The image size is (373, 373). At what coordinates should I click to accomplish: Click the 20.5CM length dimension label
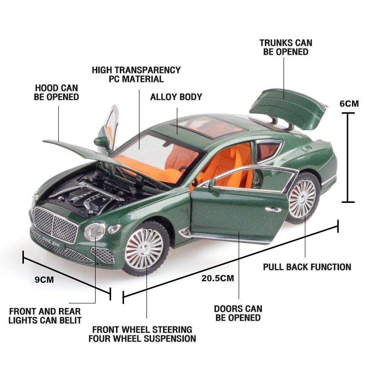(x=217, y=278)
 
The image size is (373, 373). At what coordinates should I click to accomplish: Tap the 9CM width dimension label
(x=44, y=280)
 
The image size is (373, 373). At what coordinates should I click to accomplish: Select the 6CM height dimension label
(x=349, y=104)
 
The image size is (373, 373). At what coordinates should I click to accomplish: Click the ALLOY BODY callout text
(x=176, y=97)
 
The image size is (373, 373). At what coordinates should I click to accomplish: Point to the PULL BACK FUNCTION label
(x=307, y=267)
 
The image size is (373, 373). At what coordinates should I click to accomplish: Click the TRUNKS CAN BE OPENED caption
(x=286, y=47)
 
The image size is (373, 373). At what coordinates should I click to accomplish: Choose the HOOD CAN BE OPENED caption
(x=56, y=93)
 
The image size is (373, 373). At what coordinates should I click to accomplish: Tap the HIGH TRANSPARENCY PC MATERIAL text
(x=136, y=75)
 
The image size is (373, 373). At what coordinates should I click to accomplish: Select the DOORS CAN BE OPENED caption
(x=238, y=313)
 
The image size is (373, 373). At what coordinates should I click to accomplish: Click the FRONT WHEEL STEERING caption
(x=142, y=330)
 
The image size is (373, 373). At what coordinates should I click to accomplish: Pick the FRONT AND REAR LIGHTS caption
(x=45, y=316)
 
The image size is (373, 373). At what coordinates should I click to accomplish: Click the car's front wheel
(x=145, y=248)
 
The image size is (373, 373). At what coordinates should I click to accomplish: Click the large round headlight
(x=95, y=232)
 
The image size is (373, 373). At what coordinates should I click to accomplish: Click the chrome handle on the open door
(x=273, y=209)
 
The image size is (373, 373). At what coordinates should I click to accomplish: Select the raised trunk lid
(x=288, y=109)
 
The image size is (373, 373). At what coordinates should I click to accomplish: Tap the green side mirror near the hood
(x=102, y=142)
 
